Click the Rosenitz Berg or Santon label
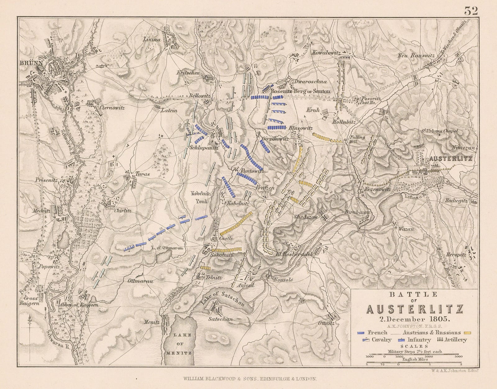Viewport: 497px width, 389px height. pyautogui.click(x=300, y=91)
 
